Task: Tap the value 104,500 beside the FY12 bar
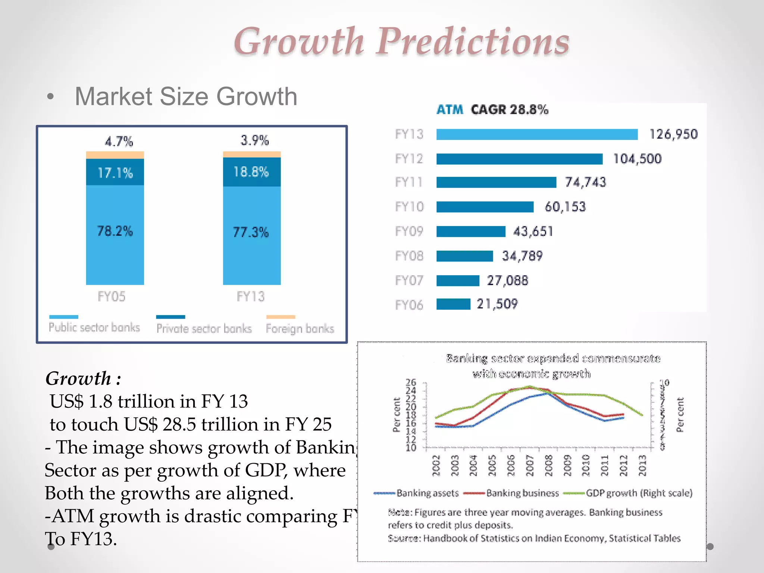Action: tap(637, 159)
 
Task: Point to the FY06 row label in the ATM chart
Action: tap(409, 305)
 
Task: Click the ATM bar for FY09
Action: tap(470, 232)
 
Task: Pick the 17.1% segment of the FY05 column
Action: tap(115, 172)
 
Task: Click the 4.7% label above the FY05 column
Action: tap(119, 141)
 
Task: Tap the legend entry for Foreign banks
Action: tap(300, 328)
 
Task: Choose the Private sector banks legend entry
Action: tap(204, 328)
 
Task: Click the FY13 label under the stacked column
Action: tap(251, 297)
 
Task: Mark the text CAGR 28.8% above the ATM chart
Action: tap(509, 110)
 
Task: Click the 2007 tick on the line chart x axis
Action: tap(530, 465)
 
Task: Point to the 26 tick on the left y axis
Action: tap(411, 382)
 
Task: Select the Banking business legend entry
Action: tap(522, 493)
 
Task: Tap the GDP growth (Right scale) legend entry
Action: tap(639, 493)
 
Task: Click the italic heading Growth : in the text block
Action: tap(83, 378)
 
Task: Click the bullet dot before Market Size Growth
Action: tap(50, 97)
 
